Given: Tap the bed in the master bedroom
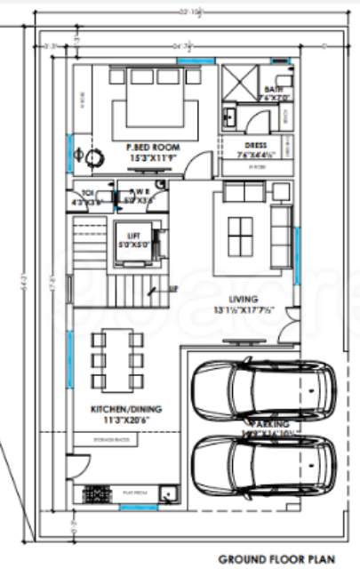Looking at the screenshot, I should coord(148,102).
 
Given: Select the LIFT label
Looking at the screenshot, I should coord(134,235).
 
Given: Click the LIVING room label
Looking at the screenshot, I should coord(243,300).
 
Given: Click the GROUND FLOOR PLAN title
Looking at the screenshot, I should coord(278,557).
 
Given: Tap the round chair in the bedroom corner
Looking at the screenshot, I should coord(92,156).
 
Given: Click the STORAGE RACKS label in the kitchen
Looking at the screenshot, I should coord(112,439).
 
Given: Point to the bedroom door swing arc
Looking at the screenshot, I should coord(204,164).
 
